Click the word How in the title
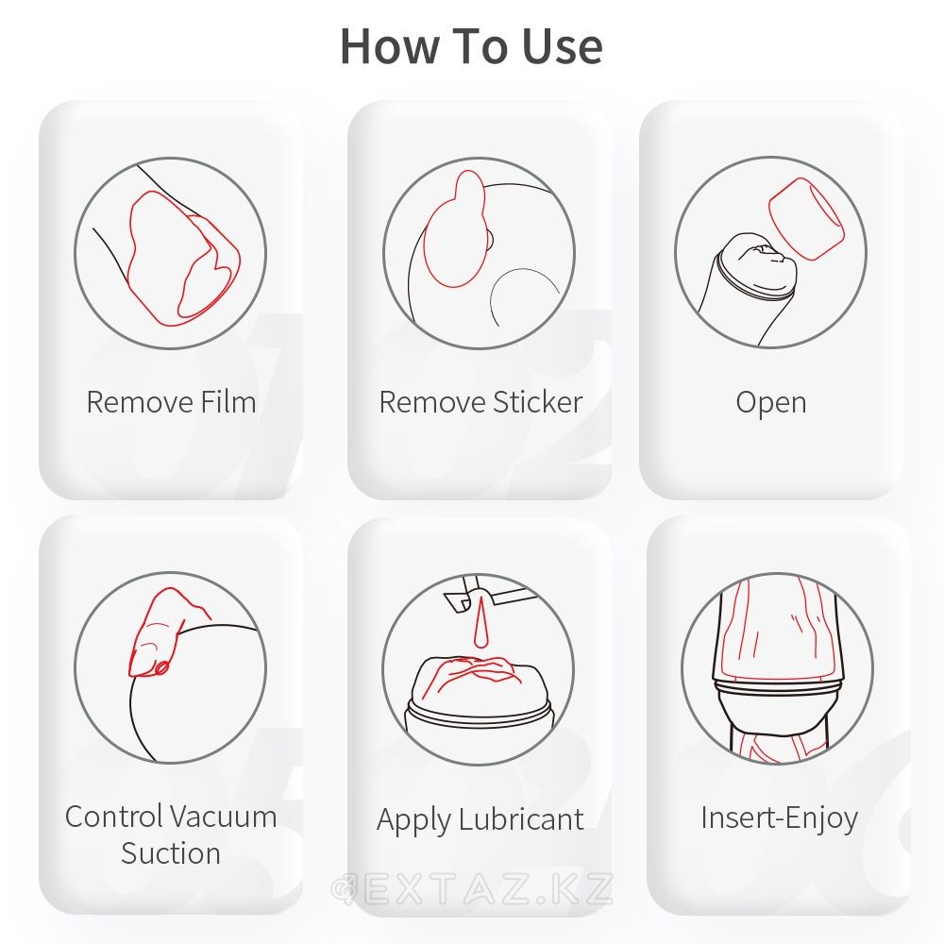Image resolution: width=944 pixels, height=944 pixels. pyautogui.click(x=390, y=45)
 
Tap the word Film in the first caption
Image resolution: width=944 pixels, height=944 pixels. pyautogui.click(x=228, y=401)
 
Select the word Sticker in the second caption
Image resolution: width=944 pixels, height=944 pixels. pyautogui.click(x=537, y=401)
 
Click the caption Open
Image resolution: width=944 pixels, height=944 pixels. pyautogui.click(x=770, y=403)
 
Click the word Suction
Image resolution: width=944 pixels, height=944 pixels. pyautogui.click(x=170, y=853)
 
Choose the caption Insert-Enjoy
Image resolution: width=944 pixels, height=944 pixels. pyautogui.click(x=779, y=818)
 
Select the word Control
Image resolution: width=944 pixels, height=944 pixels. pyautogui.click(x=113, y=817)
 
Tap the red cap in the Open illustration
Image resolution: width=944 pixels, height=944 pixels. pyautogui.click(x=806, y=219)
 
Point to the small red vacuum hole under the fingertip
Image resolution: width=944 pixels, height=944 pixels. pyautogui.click(x=162, y=667)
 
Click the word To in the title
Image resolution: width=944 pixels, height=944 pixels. pyautogui.click(x=480, y=45)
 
